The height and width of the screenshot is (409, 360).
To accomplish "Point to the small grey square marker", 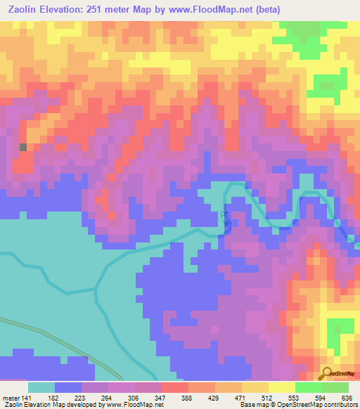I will [x=23, y=147].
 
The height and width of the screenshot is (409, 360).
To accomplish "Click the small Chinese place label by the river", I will [x=226, y=219].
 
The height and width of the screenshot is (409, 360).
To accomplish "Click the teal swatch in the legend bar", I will [x=41, y=387].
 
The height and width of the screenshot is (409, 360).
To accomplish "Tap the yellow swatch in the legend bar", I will [x=282, y=387].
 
